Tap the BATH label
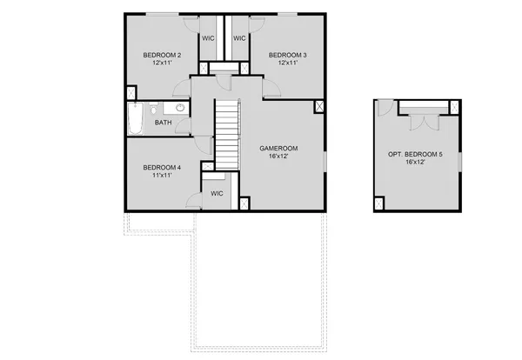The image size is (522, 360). [164, 123]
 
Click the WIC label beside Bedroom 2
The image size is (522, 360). [209, 38]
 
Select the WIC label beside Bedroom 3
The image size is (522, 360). [239, 38]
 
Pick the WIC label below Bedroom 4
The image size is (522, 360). [217, 194]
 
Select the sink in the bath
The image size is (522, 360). [180, 109]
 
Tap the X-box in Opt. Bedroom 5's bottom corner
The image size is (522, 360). [379, 204]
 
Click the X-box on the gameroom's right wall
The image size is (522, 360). [319, 107]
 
